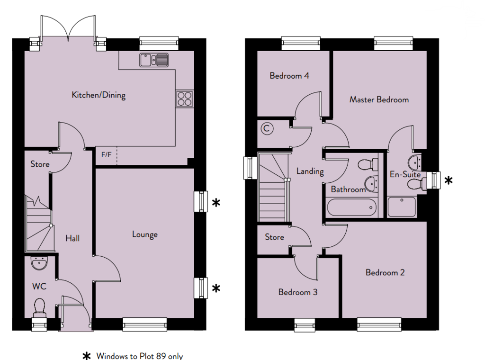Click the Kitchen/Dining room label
click(99, 95)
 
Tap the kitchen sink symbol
click(154, 60)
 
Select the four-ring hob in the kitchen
click(185, 99)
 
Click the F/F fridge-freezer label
click(107, 154)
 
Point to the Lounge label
click(145, 235)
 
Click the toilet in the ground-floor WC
click(40, 308)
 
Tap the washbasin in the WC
click(39, 263)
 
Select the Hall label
click(72, 238)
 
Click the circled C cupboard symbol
click(267, 128)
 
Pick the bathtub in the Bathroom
click(352, 207)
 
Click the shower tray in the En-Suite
click(402, 207)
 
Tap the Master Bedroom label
click(379, 99)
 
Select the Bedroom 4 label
click(289, 76)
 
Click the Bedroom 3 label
click(298, 292)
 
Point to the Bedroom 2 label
click(385, 272)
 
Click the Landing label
click(310, 171)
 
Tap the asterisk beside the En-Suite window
click(449, 180)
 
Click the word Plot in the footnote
click(147, 356)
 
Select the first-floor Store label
click(274, 237)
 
